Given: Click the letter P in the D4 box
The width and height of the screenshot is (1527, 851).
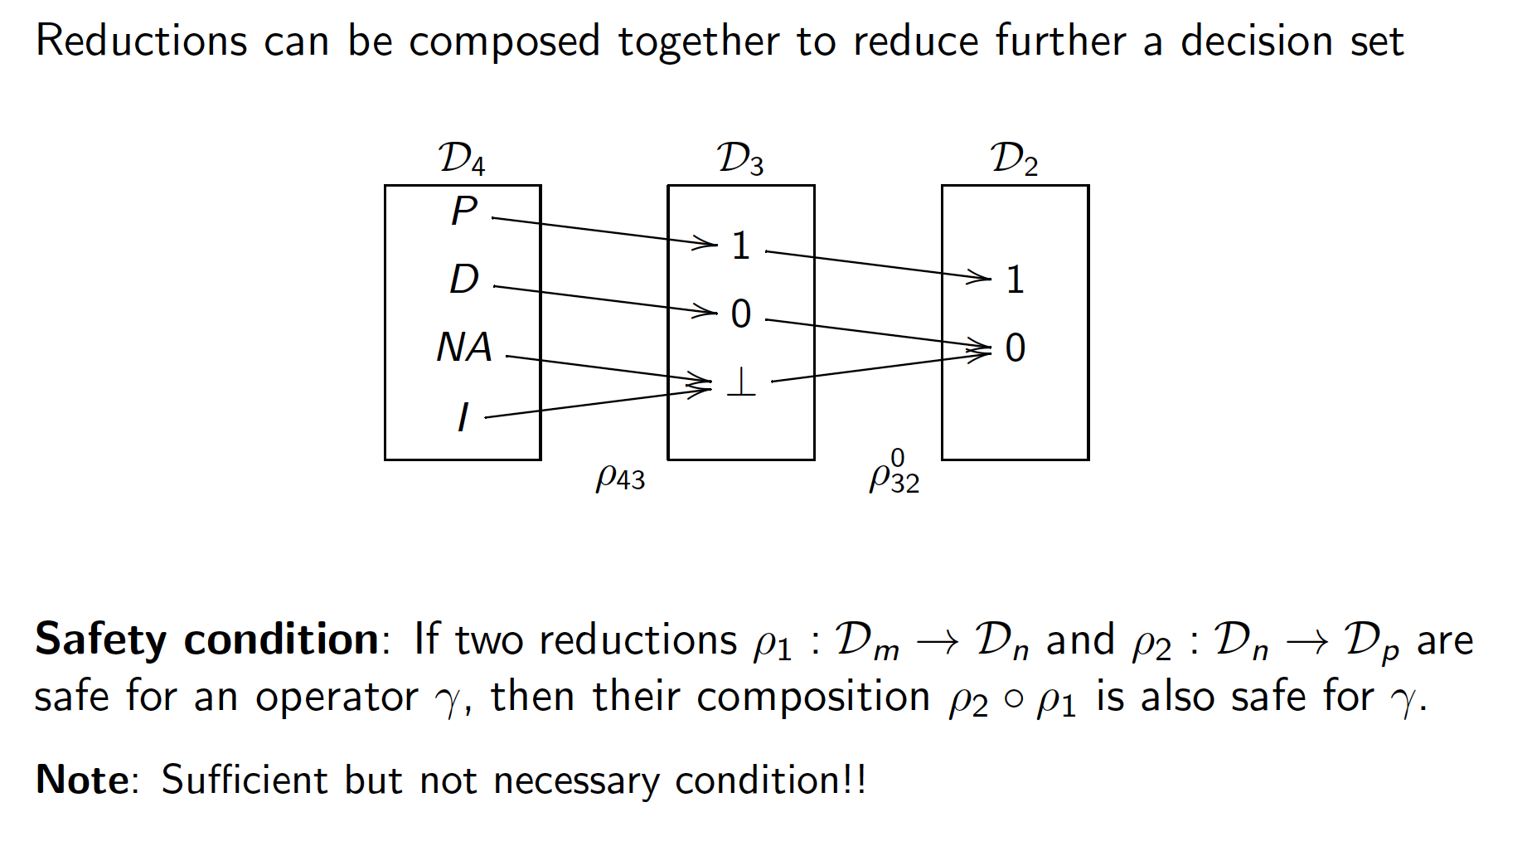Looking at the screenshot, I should tap(464, 211).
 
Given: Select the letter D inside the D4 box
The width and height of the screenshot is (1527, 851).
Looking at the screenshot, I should tap(464, 280).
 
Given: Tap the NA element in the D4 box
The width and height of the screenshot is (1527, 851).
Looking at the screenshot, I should tap(464, 348).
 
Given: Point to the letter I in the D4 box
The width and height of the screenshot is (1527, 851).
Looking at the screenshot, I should tap(463, 416).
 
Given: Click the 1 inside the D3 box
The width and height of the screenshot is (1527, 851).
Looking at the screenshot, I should tap(740, 246).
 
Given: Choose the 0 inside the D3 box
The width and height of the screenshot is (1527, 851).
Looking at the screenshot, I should tap(740, 314).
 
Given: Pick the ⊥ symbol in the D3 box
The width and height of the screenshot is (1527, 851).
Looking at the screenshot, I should tap(740, 382).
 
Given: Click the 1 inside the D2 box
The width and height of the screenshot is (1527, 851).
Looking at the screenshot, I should tap(1015, 280).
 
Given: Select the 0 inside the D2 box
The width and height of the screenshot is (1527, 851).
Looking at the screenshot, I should tap(1015, 348).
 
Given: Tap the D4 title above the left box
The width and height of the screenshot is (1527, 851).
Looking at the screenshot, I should tap(462, 158).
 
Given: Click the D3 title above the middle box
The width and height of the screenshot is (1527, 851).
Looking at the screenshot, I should tap(740, 158).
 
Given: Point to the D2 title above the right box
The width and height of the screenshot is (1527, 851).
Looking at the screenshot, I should tap(1014, 158).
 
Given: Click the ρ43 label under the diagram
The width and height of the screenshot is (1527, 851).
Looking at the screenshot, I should tap(620, 477).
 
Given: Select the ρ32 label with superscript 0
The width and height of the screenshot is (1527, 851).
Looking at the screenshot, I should tap(894, 474).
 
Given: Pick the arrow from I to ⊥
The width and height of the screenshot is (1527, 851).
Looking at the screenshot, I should tap(597, 403).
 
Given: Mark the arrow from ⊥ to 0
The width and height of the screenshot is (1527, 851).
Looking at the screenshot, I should tap(879, 367).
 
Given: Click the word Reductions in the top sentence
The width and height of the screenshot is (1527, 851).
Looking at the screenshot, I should tap(141, 41).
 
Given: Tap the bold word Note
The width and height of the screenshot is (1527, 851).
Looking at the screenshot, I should tap(82, 780).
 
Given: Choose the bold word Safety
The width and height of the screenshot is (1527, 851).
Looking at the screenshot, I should tap(100, 639).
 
